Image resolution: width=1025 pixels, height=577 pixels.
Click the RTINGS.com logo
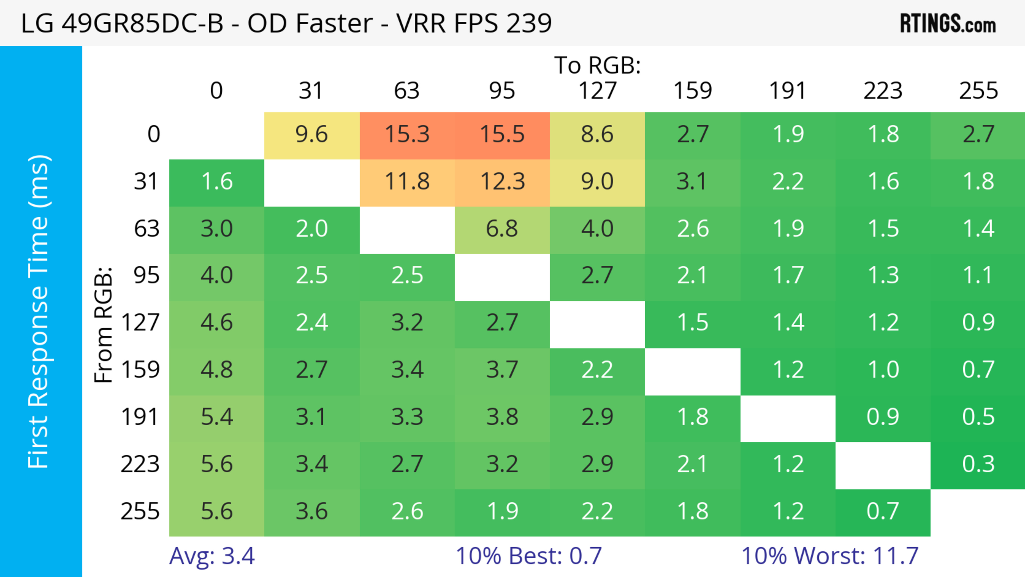pos(948,23)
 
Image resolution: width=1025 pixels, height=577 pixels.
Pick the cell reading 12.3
pos(502,182)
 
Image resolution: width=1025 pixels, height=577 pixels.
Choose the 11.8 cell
pos(407,182)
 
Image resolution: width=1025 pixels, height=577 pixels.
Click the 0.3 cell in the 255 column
pos(978,464)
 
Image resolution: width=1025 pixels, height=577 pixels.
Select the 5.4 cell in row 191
pos(216,417)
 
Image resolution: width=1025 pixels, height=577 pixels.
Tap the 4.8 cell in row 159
pos(216,370)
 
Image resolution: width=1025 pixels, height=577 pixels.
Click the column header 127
pos(597,91)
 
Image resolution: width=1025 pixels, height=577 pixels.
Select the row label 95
pos(147,275)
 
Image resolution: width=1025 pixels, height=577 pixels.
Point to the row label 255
pos(140,511)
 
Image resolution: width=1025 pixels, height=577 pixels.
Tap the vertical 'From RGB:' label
pos(104,324)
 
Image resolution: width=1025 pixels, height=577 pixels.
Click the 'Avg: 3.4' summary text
pos(212,556)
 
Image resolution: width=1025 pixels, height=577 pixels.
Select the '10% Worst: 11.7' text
pos(830,556)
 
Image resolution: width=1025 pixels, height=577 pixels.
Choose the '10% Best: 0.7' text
pos(529,556)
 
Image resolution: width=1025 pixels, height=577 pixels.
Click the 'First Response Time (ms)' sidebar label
pos(39,311)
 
